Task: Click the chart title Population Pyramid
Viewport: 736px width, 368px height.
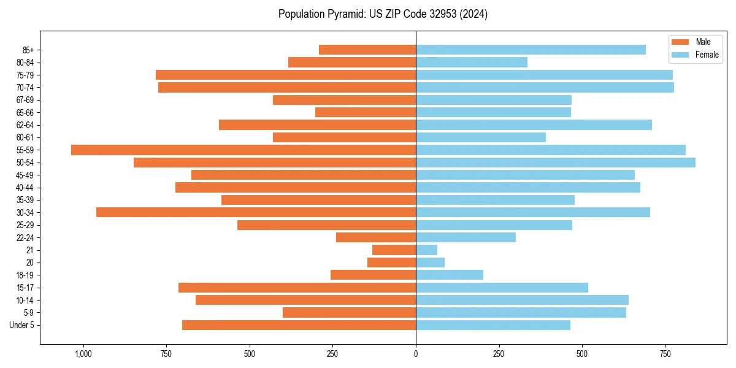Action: (x=383, y=14)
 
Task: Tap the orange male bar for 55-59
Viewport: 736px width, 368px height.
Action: (x=243, y=150)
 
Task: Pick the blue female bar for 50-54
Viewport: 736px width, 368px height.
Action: (x=556, y=163)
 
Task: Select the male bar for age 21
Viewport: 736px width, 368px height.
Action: (x=394, y=250)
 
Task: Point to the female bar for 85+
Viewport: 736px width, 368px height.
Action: (x=531, y=50)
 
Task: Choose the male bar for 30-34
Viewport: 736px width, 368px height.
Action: (x=256, y=212)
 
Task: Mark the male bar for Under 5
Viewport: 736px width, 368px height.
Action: (x=299, y=325)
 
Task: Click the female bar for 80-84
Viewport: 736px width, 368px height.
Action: (x=472, y=62)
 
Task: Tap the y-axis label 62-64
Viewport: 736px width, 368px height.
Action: (x=25, y=125)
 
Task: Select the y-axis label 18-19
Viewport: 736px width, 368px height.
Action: (x=25, y=275)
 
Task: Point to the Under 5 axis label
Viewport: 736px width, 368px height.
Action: (x=22, y=325)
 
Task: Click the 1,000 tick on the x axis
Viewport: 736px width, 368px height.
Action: (x=83, y=354)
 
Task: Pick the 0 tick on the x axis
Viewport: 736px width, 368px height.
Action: (x=416, y=354)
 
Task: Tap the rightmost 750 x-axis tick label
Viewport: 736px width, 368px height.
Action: (x=665, y=354)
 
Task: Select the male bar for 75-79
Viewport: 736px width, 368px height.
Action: (x=286, y=75)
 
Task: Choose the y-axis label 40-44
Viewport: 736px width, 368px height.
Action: (x=25, y=188)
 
